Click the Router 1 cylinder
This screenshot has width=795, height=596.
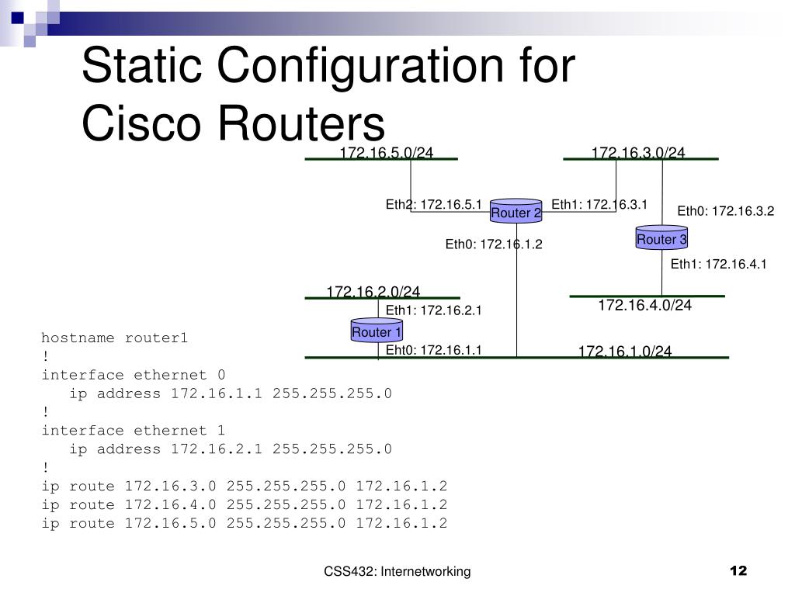pos(377,331)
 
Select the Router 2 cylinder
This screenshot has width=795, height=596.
pos(516,212)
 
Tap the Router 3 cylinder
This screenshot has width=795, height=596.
pos(661,239)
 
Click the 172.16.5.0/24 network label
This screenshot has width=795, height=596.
pos(386,153)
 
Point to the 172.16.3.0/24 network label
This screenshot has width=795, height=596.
pos(638,153)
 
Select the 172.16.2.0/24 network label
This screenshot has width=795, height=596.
pos(373,292)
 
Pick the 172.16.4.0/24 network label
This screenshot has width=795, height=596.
pos(644,306)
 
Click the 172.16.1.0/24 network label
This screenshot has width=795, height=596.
pos(624,352)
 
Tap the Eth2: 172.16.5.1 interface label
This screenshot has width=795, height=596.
pos(434,205)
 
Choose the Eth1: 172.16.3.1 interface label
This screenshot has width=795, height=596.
pos(599,205)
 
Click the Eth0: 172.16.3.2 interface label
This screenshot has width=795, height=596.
pos(726,211)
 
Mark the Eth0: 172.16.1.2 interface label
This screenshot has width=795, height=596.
pos(493,245)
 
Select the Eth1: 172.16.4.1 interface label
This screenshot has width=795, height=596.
pos(718,265)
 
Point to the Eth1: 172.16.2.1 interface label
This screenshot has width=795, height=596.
pos(434,311)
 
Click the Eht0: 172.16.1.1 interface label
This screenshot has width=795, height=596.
pos(434,350)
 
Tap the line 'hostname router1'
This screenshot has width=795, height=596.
pos(115,338)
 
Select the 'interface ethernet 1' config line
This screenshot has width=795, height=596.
pos(134,431)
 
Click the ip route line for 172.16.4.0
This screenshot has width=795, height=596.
pos(245,505)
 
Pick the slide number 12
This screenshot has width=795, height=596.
pos(738,572)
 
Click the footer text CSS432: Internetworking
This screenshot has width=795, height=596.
pos(397,572)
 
